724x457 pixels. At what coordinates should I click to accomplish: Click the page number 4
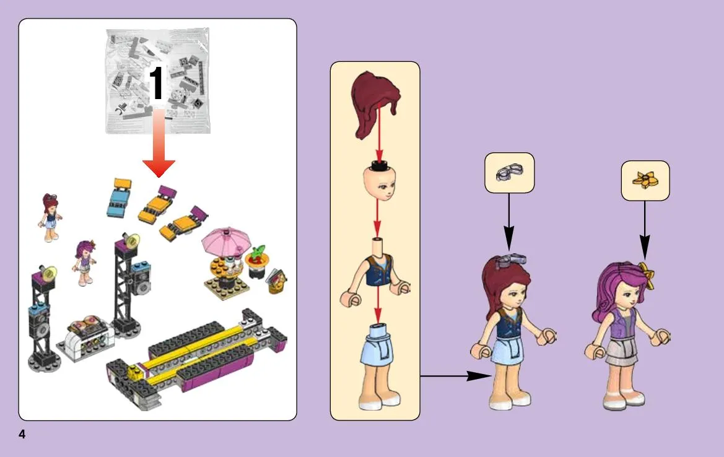22,434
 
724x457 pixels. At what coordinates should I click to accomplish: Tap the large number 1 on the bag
157,82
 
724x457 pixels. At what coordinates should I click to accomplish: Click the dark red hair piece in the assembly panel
375,104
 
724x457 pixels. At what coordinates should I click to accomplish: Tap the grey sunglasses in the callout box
509,172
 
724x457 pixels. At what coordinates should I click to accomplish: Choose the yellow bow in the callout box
645,180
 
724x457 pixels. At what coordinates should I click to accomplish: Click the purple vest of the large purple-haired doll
621,325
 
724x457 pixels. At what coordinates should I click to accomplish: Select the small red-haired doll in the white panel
50,217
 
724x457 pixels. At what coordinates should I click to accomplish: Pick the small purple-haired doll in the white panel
85,262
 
